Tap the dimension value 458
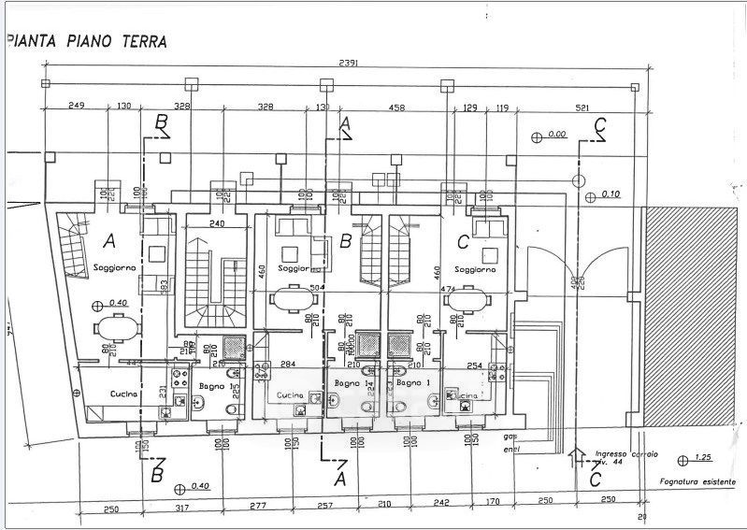[x=396, y=108]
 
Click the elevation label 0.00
[x=557, y=135]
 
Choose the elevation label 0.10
[x=611, y=194]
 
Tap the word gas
[x=510, y=437]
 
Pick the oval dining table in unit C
[x=467, y=301]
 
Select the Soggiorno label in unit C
[x=477, y=269]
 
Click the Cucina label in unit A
[x=124, y=394]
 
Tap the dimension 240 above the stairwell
[x=217, y=224]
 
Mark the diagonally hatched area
[x=694, y=313]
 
